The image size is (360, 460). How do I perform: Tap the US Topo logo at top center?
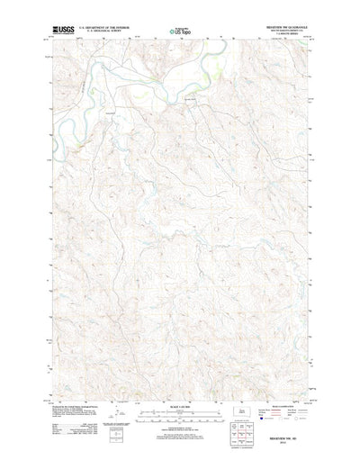click(179, 32)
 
